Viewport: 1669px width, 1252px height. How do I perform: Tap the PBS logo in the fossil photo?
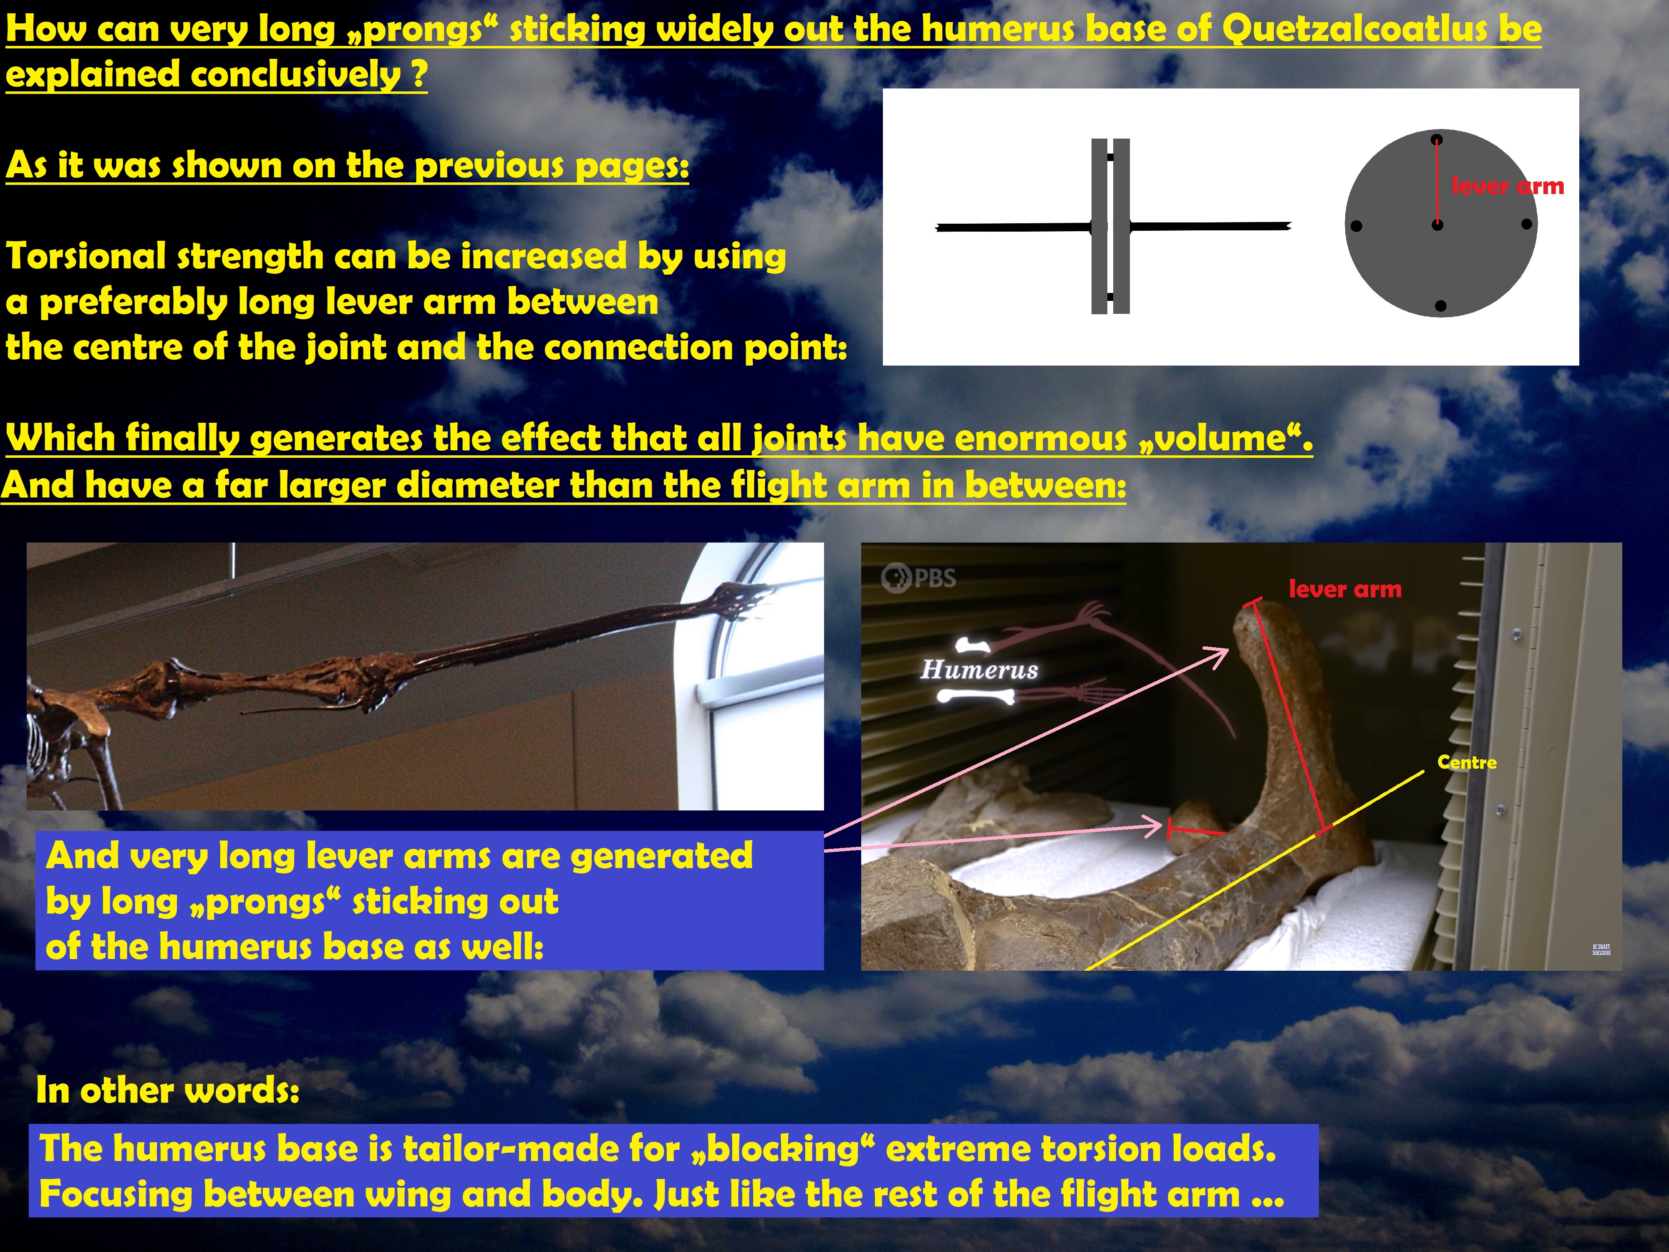(x=918, y=578)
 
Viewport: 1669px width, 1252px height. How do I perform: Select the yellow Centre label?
(x=1467, y=762)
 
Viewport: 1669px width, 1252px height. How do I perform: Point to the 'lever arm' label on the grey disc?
(x=1508, y=186)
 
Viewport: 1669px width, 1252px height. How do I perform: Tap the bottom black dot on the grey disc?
(x=1440, y=305)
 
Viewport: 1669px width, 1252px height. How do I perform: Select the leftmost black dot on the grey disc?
(x=1356, y=226)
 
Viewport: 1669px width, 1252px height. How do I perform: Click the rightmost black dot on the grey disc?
(x=1526, y=224)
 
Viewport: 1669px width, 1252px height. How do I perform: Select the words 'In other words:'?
(x=167, y=1090)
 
